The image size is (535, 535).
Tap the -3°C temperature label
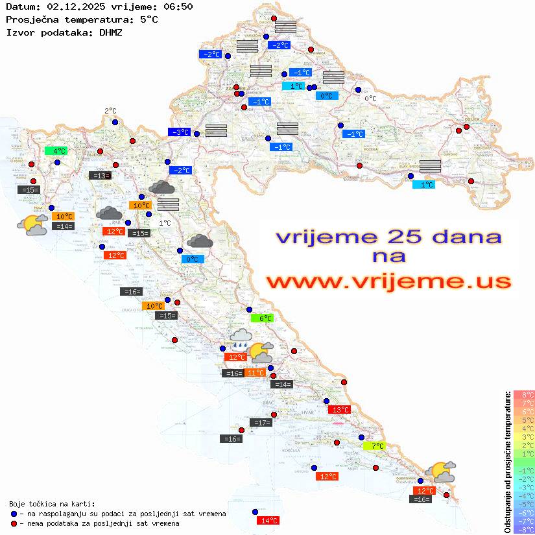click(x=179, y=132)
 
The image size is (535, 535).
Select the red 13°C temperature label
click(x=340, y=410)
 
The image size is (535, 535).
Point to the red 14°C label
click(x=268, y=520)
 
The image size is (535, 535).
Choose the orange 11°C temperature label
click(x=255, y=373)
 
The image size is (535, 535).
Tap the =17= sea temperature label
click(x=261, y=423)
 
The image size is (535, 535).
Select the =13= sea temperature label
click(x=99, y=175)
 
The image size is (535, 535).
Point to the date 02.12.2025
click(x=71, y=6)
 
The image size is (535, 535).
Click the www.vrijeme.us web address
click(x=388, y=282)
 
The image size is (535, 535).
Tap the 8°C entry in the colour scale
click(x=524, y=395)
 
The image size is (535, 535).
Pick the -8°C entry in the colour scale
click(x=524, y=529)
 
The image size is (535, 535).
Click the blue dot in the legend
click(x=13, y=514)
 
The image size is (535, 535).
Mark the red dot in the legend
click(x=13, y=523)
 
